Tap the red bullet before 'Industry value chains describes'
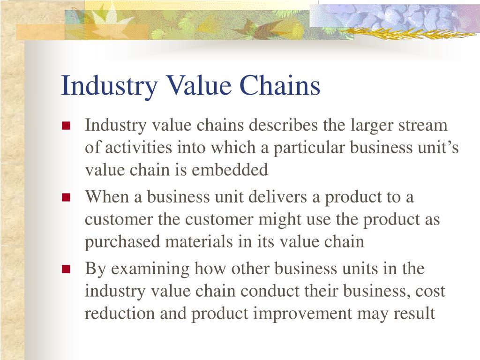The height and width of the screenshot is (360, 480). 66,126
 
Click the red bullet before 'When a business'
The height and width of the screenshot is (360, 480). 66,197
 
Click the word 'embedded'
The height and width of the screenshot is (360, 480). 230,170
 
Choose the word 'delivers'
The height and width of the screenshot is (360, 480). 277,196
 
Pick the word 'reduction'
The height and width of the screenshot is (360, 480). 120,313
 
